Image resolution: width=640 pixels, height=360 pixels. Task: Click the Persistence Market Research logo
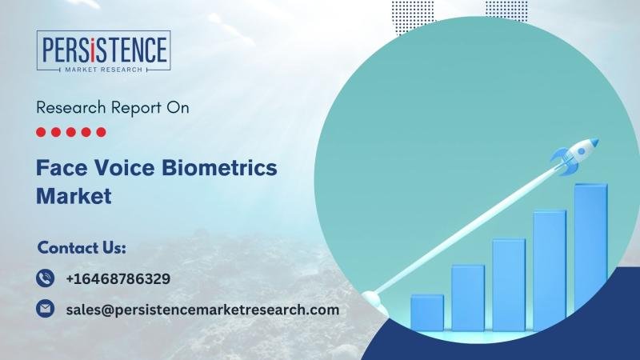[104, 51]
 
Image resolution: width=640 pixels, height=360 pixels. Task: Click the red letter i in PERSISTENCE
[94, 50]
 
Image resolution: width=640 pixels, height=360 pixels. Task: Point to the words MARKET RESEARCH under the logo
[104, 70]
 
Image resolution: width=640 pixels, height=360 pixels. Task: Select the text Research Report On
[113, 108]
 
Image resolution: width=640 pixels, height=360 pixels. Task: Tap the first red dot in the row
[41, 132]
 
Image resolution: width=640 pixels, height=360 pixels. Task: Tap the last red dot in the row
[101, 132]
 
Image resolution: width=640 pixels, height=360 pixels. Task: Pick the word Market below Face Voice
[74, 196]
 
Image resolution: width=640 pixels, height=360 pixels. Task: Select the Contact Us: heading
[82, 248]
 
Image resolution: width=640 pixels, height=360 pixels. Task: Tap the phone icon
[45, 278]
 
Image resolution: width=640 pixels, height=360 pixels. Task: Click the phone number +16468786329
[118, 278]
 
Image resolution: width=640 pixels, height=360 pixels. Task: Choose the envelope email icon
[45, 309]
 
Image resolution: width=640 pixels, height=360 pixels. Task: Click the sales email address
[202, 310]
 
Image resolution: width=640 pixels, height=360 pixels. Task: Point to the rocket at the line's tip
[574, 157]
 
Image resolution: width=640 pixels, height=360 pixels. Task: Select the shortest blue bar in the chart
[427, 312]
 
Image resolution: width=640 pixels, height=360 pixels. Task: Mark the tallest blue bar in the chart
[590, 257]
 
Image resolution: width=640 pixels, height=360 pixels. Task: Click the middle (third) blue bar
[509, 285]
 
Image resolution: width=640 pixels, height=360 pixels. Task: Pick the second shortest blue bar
[468, 298]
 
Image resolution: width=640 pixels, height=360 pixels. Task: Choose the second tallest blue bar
[550, 270]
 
